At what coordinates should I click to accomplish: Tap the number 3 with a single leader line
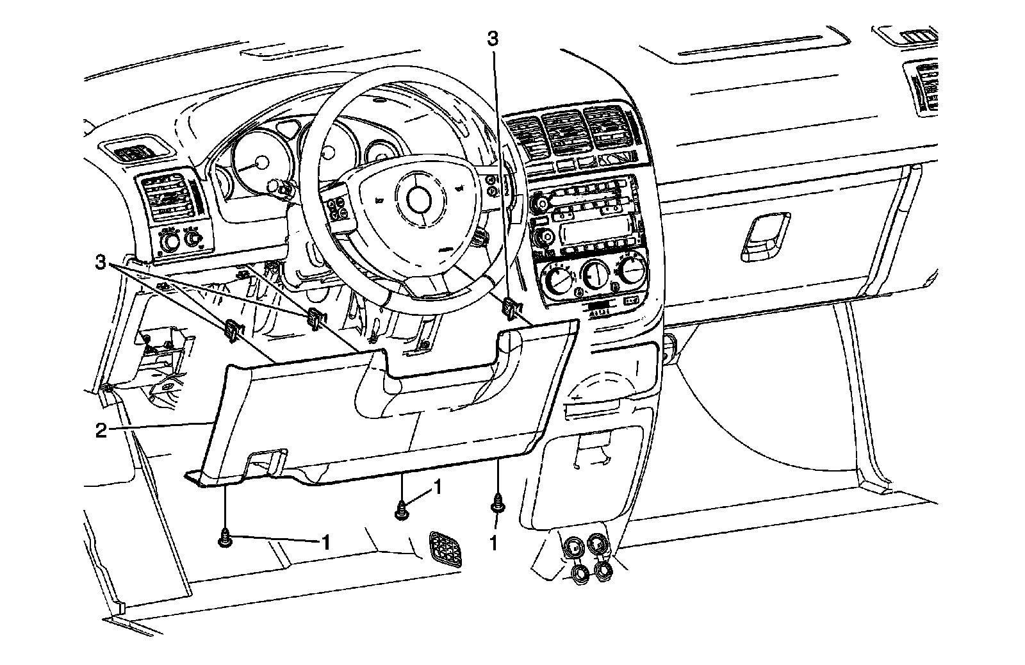492,38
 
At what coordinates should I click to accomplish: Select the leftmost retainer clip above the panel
233,330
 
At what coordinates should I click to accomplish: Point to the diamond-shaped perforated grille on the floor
449,548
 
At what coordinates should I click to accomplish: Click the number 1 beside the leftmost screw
325,543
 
